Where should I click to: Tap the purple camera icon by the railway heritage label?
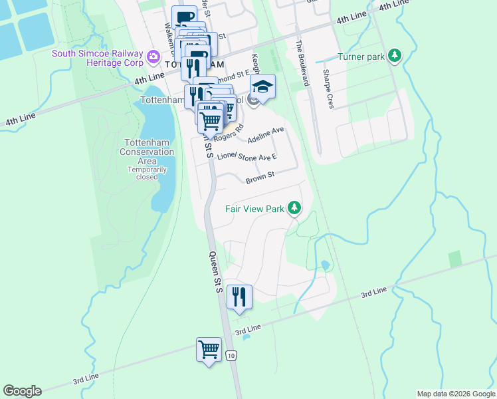(x=153, y=57)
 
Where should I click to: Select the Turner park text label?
(x=361, y=57)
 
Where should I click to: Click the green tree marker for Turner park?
(x=395, y=55)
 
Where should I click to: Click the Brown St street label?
(x=260, y=178)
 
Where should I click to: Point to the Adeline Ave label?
(x=266, y=135)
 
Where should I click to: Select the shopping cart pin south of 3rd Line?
(x=209, y=348)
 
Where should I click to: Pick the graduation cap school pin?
(x=262, y=86)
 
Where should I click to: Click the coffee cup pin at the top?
(x=184, y=17)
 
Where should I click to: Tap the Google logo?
(x=22, y=391)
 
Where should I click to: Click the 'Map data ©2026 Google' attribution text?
(x=455, y=394)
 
